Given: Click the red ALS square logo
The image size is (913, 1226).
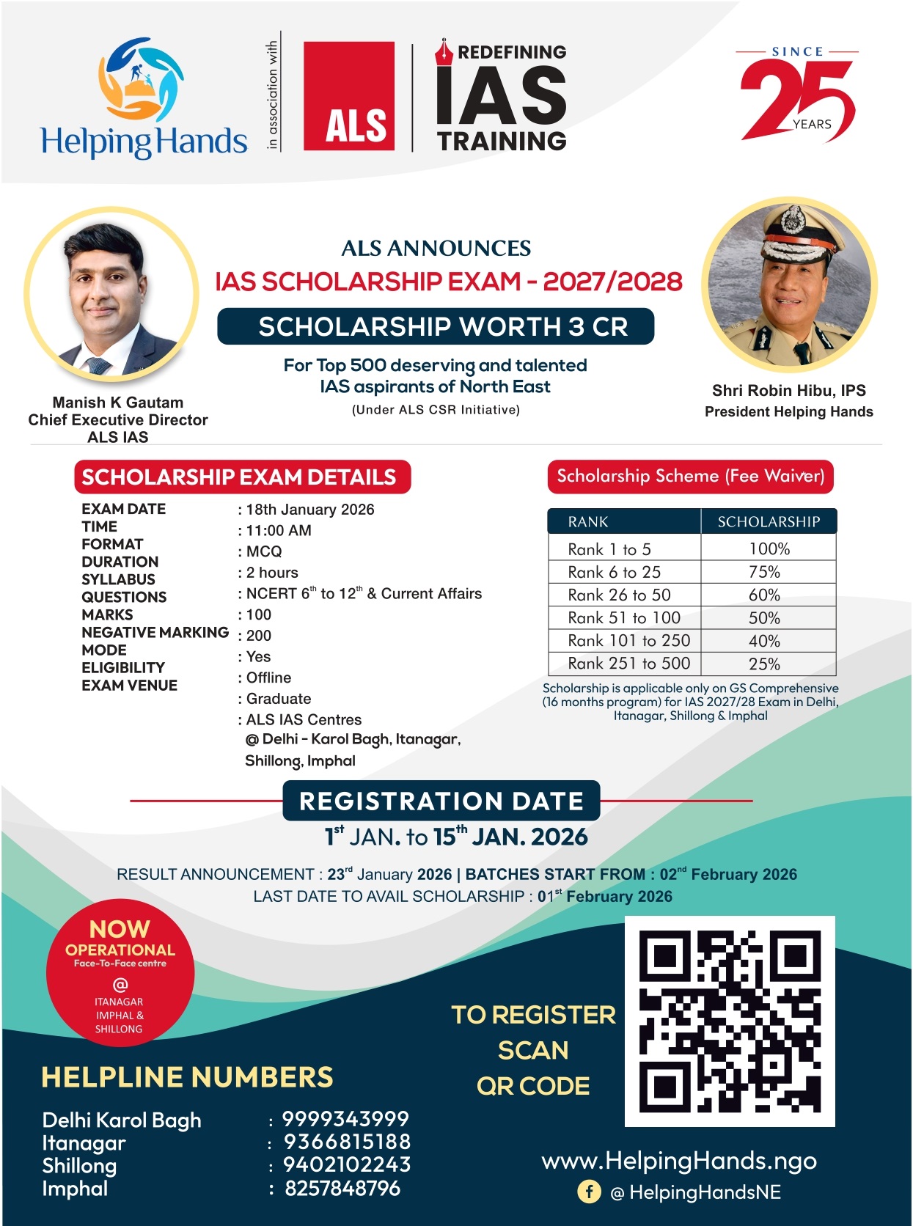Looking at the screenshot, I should click(x=349, y=96).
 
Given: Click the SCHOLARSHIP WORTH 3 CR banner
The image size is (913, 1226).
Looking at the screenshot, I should click(x=436, y=326).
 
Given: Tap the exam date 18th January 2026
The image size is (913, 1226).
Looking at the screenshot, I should click(x=310, y=510).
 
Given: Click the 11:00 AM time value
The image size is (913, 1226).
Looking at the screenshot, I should click(x=279, y=530).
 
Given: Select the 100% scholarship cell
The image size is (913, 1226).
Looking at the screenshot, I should click(x=769, y=549).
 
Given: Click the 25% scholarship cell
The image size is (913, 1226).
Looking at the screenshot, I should click(x=764, y=664).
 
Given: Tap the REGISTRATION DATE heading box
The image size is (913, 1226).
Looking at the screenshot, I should click(x=441, y=801).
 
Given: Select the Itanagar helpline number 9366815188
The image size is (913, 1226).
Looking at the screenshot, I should click(x=347, y=1142).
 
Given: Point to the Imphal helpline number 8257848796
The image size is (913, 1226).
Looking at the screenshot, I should click(x=342, y=1188).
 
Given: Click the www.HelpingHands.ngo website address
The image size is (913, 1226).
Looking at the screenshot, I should click(x=679, y=1161).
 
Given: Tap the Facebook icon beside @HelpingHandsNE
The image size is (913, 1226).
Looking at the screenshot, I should click(x=589, y=1192).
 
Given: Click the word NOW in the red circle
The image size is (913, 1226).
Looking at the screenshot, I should click(x=120, y=929).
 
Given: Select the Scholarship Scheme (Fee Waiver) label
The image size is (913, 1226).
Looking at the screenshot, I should click(x=690, y=477).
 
